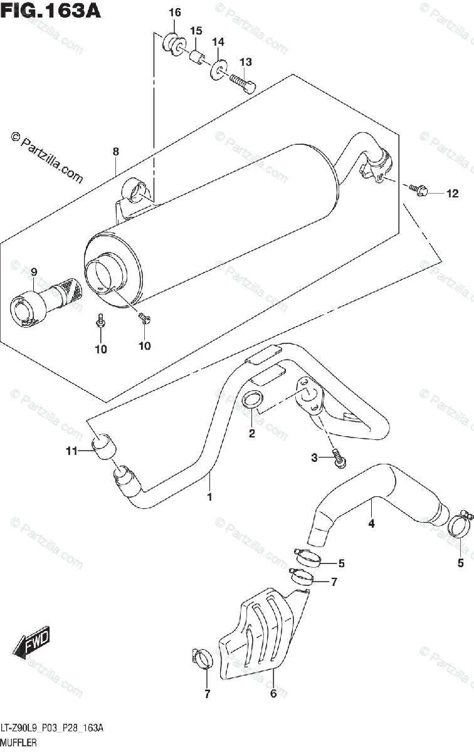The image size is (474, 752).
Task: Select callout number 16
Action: [x=174, y=13]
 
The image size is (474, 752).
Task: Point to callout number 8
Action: [x=116, y=151]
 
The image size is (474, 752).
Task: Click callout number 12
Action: [x=452, y=194]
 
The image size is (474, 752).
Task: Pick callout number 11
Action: [x=71, y=451]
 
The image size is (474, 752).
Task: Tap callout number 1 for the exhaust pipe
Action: [x=209, y=497]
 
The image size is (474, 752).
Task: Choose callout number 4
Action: [x=371, y=523]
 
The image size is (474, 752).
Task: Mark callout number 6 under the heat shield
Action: [x=273, y=694]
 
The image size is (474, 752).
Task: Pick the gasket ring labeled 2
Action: [x=253, y=400]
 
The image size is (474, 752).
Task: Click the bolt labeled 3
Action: [x=339, y=457]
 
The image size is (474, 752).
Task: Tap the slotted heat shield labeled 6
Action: [x=260, y=633]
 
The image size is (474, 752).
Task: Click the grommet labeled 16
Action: [x=174, y=42]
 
